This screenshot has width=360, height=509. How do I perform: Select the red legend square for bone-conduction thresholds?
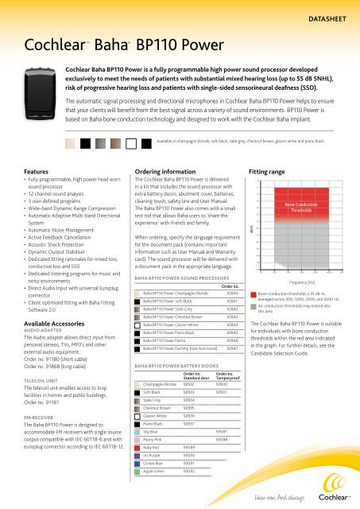(254, 293)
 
